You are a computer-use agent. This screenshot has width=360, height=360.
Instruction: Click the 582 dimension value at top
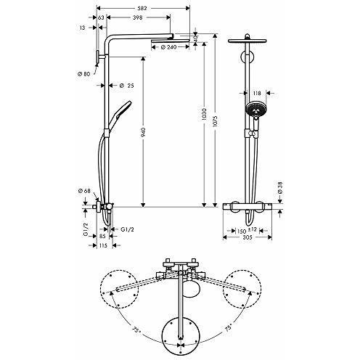[x=142, y=8]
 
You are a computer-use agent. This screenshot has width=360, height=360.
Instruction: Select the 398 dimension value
[x=138, y=17]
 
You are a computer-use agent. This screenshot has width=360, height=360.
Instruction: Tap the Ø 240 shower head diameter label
[x=168, y=47]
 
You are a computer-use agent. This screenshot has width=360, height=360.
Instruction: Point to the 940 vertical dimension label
[x=143, y=132]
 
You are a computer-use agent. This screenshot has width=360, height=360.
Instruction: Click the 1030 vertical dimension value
[x=204, y=115]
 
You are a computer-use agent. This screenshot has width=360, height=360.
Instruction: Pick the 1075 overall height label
[x=216, y=120]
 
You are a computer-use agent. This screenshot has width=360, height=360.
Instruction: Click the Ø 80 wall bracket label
[x=83, y=74]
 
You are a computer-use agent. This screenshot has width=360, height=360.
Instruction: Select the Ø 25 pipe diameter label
[x=127, y=86]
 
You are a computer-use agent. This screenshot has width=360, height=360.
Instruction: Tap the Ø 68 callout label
[x=84, y=191]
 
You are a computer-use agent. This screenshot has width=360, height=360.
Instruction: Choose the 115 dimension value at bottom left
[x=103, y=245]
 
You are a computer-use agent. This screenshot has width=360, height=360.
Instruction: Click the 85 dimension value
[x=102, y=236]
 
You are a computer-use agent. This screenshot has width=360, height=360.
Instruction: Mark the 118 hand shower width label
[x=257, y=93]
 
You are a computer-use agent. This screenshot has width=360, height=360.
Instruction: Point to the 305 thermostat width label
[x=247, y=237]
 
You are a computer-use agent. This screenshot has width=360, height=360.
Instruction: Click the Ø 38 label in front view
[x=280, y=188]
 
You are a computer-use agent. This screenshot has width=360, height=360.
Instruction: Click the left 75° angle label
[x=136, y=330]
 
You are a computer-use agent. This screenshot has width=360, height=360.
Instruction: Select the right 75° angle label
[x=228, y=327]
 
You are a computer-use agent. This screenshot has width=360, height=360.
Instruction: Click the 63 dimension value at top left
[x=101, y=17]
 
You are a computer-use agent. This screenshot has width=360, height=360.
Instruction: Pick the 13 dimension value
[x=83, y=28]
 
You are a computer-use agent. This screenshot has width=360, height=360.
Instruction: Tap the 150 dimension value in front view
[x=242, y=232]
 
